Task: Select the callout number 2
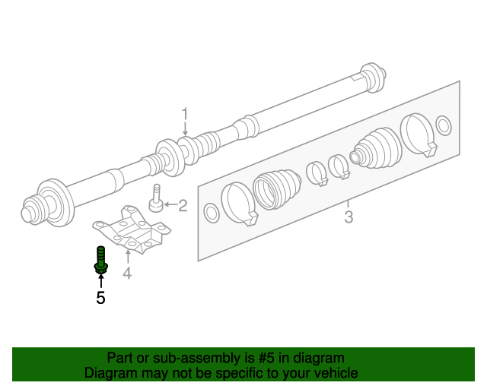coord(182,204)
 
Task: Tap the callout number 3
coord(348,218)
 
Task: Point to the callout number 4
coord(127,273)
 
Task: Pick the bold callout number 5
coord(100,298)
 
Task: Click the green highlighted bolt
coord(100,260)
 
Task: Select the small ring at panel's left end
coord(212,214)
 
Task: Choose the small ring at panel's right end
coord(444,124)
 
